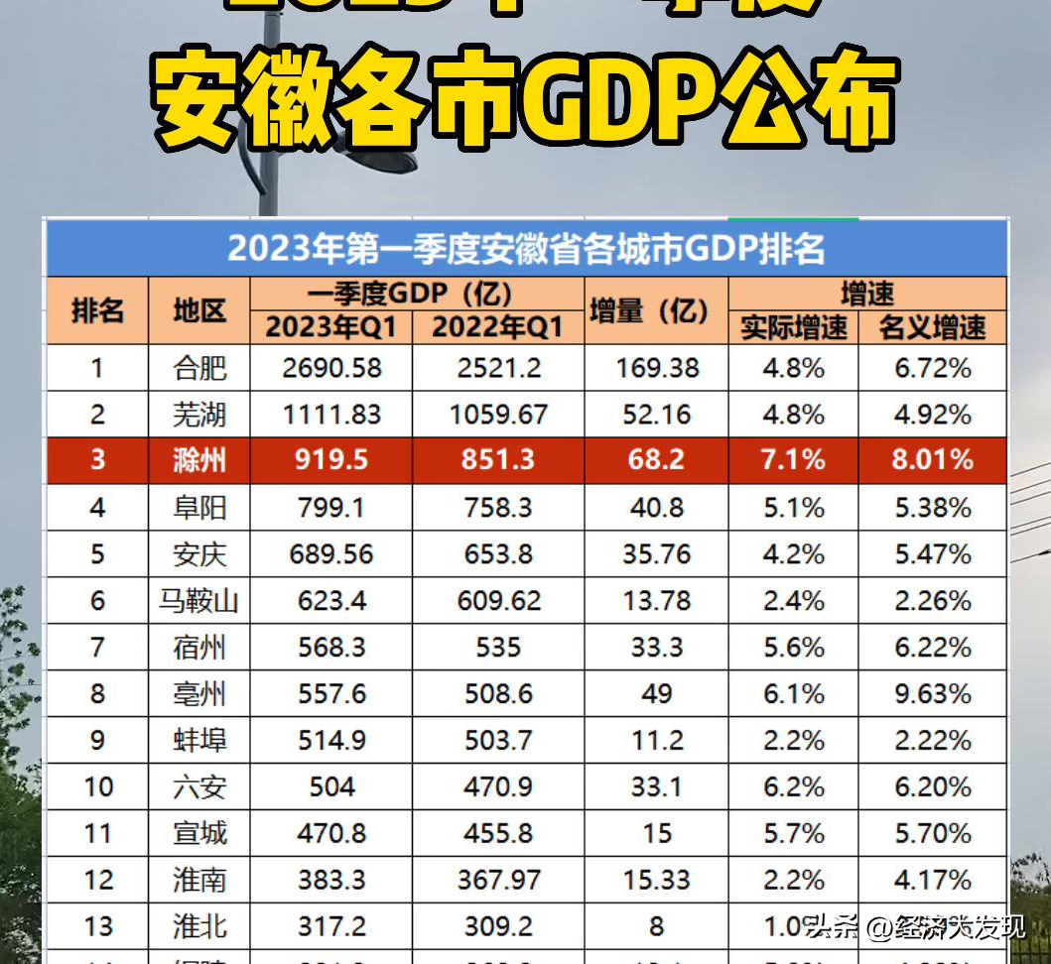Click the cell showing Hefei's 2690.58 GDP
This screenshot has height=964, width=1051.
click(x=331, y=368)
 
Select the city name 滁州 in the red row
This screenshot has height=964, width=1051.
click(x=199, y=460)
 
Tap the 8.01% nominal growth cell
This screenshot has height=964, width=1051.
click(x=932, y=460)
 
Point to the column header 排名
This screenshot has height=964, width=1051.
click(x=97, y=310)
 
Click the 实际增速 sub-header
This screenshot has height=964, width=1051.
click(x=793, y=327)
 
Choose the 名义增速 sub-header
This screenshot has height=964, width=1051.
click(x=932, y=327)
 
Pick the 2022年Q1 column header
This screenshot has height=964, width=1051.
click(x=498, y=327)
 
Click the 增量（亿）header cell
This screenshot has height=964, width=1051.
click(x=656, y=310)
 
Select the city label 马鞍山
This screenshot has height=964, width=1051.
click(x=199, y=601)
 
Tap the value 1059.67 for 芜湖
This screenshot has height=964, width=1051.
click(x=498, y=414)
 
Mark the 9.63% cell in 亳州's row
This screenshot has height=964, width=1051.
click(x=932, y=693)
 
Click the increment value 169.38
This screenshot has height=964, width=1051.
click(x=656, y=368)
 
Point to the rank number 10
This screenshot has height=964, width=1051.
click(x=97, y=786)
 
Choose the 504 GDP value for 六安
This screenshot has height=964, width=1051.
click(x=331, y=786)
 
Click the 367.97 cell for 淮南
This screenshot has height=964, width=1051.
click(x=498, y=880)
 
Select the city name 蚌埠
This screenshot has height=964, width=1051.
click(x=199, y=740)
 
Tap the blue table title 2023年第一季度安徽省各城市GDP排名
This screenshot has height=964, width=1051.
click(x=526, y=248)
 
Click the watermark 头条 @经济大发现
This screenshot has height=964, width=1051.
click(x=914, y=927)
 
